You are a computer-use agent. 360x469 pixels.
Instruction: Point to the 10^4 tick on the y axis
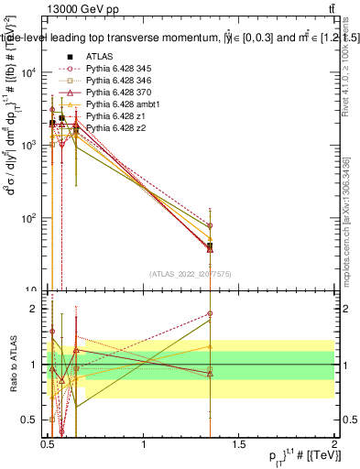(31, 72)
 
